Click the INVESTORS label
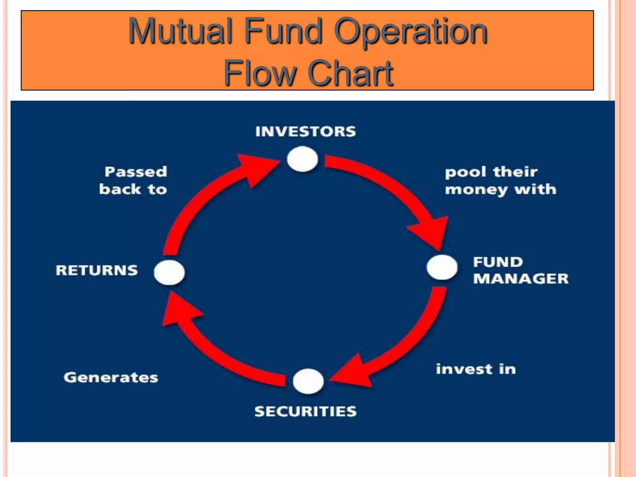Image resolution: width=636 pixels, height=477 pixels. coord(306,132)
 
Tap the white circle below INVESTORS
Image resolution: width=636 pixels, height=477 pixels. coord(302,159)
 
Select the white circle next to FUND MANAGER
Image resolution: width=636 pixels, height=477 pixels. coord(442,267)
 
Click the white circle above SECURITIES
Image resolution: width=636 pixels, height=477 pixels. coord(308,381)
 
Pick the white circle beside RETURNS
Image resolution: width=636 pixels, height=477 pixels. coord(169,272)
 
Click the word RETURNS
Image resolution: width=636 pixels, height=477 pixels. coord(97,270)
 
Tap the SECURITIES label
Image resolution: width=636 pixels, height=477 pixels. coord(306,411)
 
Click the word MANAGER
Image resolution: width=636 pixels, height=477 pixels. coord(521,279)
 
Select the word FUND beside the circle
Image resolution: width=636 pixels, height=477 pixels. coord(498,262)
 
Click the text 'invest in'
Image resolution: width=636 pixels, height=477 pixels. coord(476,369)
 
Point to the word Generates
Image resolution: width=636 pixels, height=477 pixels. coord(111,378)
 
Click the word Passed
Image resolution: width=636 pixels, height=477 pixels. coord(136,172)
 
